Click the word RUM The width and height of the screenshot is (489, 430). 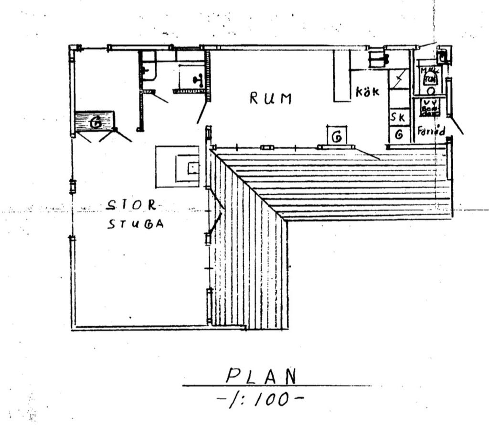pyautogui.click(x=270, y=99)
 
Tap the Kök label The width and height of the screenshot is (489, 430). pyautogui.click(x=367, y=91)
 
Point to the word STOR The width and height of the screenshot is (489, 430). pyautogui.click(x=131, y=205)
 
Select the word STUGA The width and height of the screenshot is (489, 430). pyautogui.click(x=135, y=224)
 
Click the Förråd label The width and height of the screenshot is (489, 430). pyautogui.click(x=431, y=130)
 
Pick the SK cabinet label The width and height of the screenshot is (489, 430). pyautogui.click(x=398, y=117)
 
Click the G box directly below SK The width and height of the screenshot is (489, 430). pyautogui.click(x=398, y=135)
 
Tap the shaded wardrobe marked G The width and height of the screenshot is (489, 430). pyautogui.click(x=95, y=122)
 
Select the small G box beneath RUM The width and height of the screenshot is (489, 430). pyautogui.click(x=337, y=136)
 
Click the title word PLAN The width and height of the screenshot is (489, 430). pyautogui.click(x=261, y=376)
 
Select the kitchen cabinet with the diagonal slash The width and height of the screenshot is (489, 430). pyautogui.click(x=399, y=78)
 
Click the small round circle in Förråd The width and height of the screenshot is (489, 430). pyautogui.click(x=431, y=90)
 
